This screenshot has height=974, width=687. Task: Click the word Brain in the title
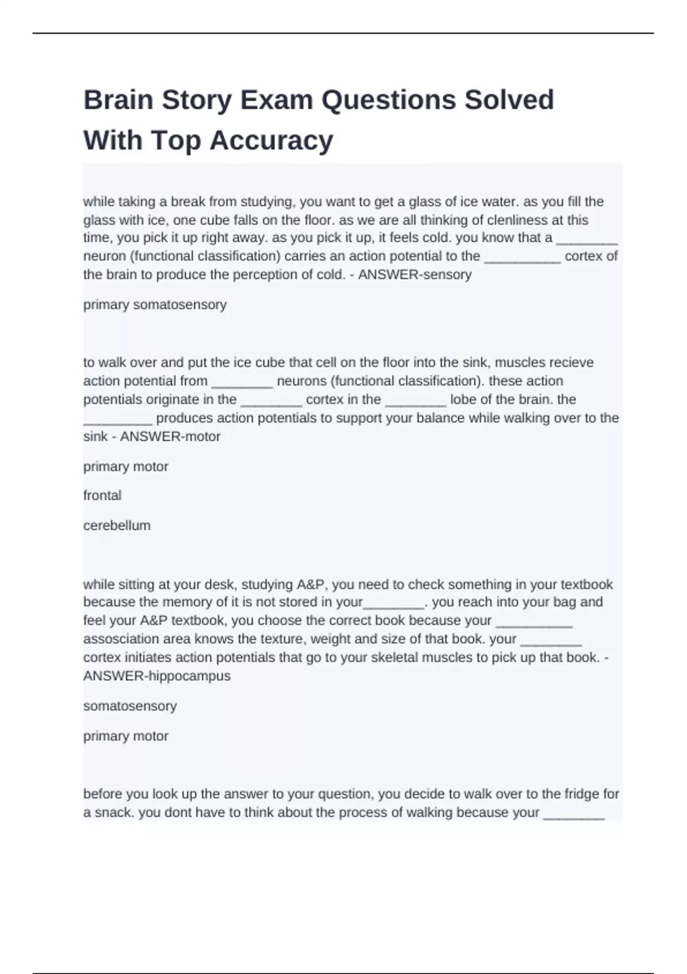coord(119,100)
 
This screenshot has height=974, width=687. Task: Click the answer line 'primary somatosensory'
coord(155,305)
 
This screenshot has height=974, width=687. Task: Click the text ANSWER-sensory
coord(414,275)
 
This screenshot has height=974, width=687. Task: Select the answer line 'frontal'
coord(102,496)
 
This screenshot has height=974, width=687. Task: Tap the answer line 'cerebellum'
coord(117,525)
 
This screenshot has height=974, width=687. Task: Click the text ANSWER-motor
coord(170,437)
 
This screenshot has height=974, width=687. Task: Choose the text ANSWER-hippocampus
coord(157,676)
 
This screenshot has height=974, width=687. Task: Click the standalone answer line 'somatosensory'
coord(130,706)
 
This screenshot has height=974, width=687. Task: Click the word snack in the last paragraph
coord(113,813)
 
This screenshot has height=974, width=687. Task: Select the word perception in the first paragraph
coord(263,275)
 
